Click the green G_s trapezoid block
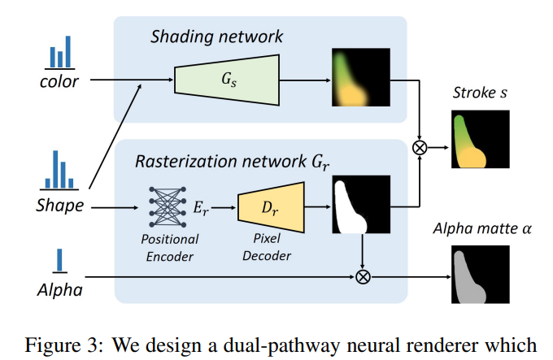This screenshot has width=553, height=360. click(x=227, y=79)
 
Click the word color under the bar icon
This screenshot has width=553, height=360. click(x=59, y=81)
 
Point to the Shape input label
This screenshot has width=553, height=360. click(x=59, y=206)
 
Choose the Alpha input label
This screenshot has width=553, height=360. click(x=59, y=289)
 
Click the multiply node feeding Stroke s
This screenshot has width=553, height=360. click(x=420, y=147)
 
